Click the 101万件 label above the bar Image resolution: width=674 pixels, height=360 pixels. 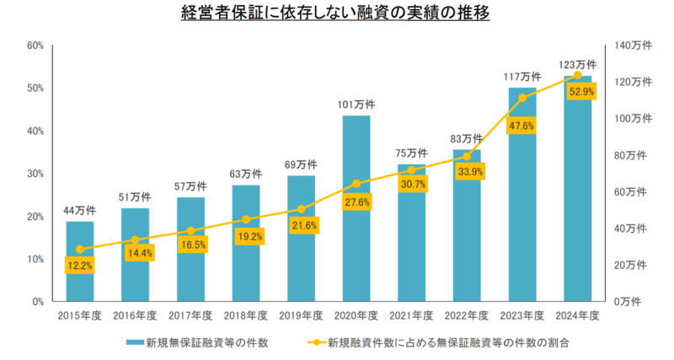pos(356,105)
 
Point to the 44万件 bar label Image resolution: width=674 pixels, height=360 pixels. pos(80,210)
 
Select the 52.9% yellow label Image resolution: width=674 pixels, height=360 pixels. pos(582,92)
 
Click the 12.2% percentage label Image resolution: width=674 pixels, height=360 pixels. pos(80,265)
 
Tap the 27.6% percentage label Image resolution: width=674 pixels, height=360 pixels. pos(356,202)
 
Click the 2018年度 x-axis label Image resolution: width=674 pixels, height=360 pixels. pos(246,315)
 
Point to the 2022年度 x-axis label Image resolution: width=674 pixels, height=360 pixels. pos(467,315)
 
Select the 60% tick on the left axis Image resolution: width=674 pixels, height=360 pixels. pos(35,46)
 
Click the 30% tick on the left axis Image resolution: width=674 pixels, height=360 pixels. pos(35,174)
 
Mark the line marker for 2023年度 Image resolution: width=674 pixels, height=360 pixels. pos(522,98)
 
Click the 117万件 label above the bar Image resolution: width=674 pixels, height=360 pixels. pos(522,77)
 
